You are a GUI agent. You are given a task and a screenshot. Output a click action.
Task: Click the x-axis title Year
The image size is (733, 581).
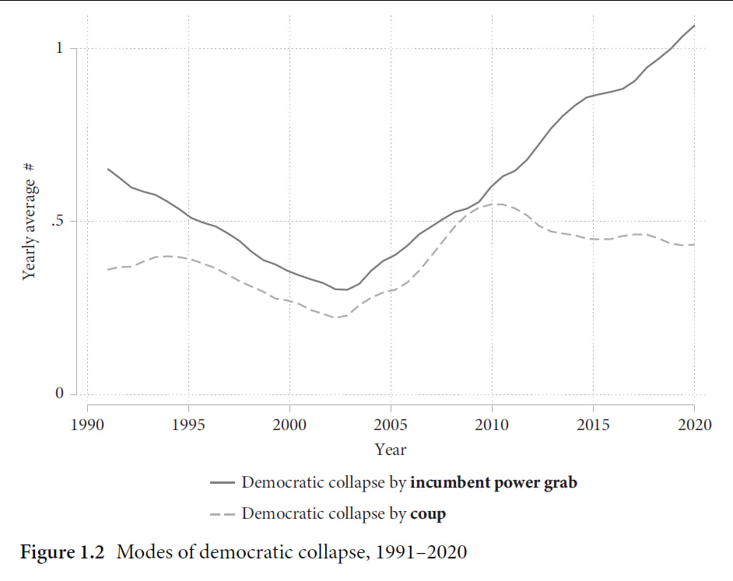[390, 450]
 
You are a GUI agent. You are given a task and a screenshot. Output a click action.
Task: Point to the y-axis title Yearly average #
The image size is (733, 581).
[30, 222]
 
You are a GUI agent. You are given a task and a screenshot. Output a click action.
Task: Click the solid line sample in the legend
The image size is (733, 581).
[222, 482]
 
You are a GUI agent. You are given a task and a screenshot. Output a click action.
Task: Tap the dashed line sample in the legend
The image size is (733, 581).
[222, 514]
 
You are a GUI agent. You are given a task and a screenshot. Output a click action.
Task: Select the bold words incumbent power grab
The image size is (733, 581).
[493, 482]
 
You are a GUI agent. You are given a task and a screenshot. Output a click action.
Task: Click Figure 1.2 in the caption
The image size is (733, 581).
[65, 552]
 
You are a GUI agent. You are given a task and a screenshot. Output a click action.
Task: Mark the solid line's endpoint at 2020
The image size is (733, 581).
[694, 26]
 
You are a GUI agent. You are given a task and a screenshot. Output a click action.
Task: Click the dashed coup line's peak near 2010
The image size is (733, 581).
[496, 204]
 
